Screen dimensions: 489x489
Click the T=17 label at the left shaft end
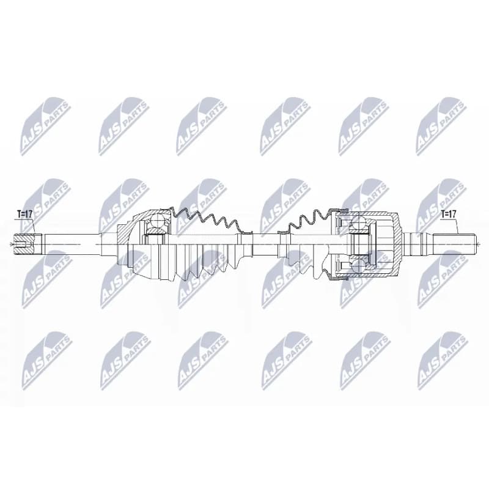(x=24, y=215)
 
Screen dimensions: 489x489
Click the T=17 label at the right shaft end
(x=448, y=214)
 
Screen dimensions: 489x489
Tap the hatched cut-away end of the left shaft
(x=24, y=244)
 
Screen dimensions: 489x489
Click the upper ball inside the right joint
(x=358, y=224)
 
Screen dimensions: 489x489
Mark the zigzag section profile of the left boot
(x=207, y=220)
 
